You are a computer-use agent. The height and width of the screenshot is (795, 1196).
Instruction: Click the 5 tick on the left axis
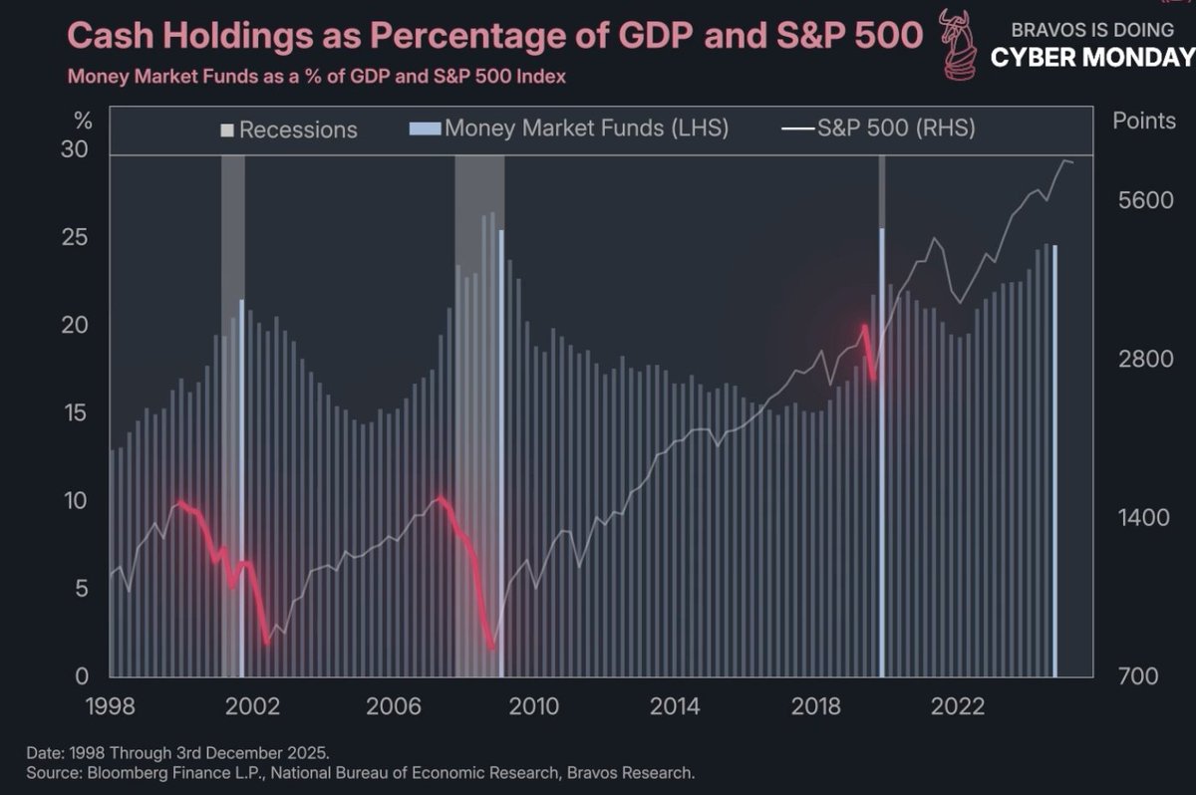coord(84,589)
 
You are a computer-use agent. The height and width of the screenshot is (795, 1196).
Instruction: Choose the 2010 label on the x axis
coord(533,706)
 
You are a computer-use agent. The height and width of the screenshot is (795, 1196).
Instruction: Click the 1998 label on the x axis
coord(110,706)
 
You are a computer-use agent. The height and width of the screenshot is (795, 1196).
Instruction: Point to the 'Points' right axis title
coord(1143,122)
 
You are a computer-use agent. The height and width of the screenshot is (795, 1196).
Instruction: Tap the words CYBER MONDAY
coord(1092,58)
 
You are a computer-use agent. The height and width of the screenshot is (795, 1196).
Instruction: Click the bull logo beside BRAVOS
coord(959,44)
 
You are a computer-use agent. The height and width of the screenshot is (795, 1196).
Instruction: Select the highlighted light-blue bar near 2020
coord(882,448)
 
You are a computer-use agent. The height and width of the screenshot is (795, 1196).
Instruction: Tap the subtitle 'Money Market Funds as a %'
coord(316,77)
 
